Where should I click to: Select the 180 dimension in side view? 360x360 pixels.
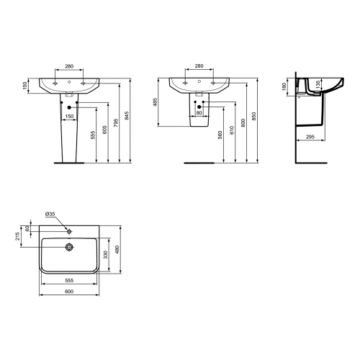[x=285, y=87]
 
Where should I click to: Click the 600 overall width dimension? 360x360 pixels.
[x=68, y=291]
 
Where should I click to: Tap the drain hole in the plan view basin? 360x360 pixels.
[x=68, y=247]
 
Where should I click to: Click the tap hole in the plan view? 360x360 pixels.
[x=68, y=231]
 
